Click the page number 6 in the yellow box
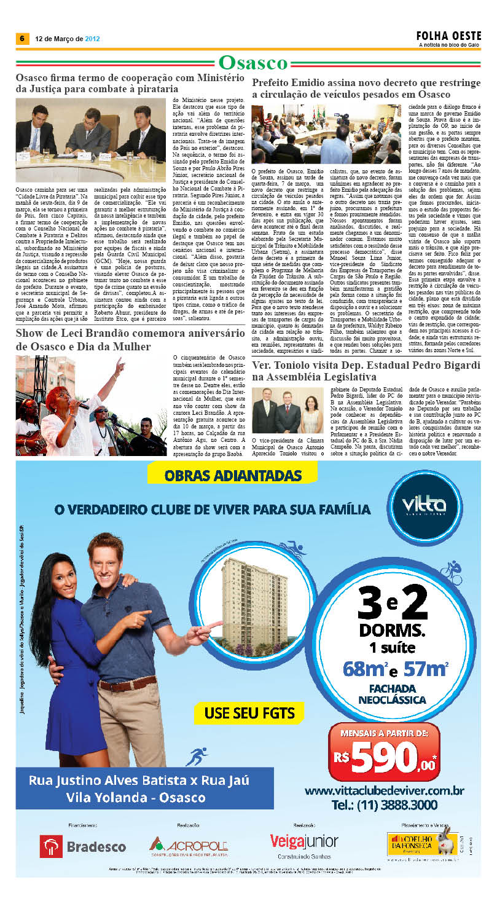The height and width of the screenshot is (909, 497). click(22, 38)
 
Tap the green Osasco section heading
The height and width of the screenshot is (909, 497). click(253, 63)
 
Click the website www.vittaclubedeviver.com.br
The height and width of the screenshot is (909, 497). click(384, 790)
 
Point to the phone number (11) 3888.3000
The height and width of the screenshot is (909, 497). click(384, 805)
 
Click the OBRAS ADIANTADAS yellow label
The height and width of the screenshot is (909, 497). click(233, 476)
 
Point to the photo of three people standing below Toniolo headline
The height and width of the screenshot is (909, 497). click(288, 411)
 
